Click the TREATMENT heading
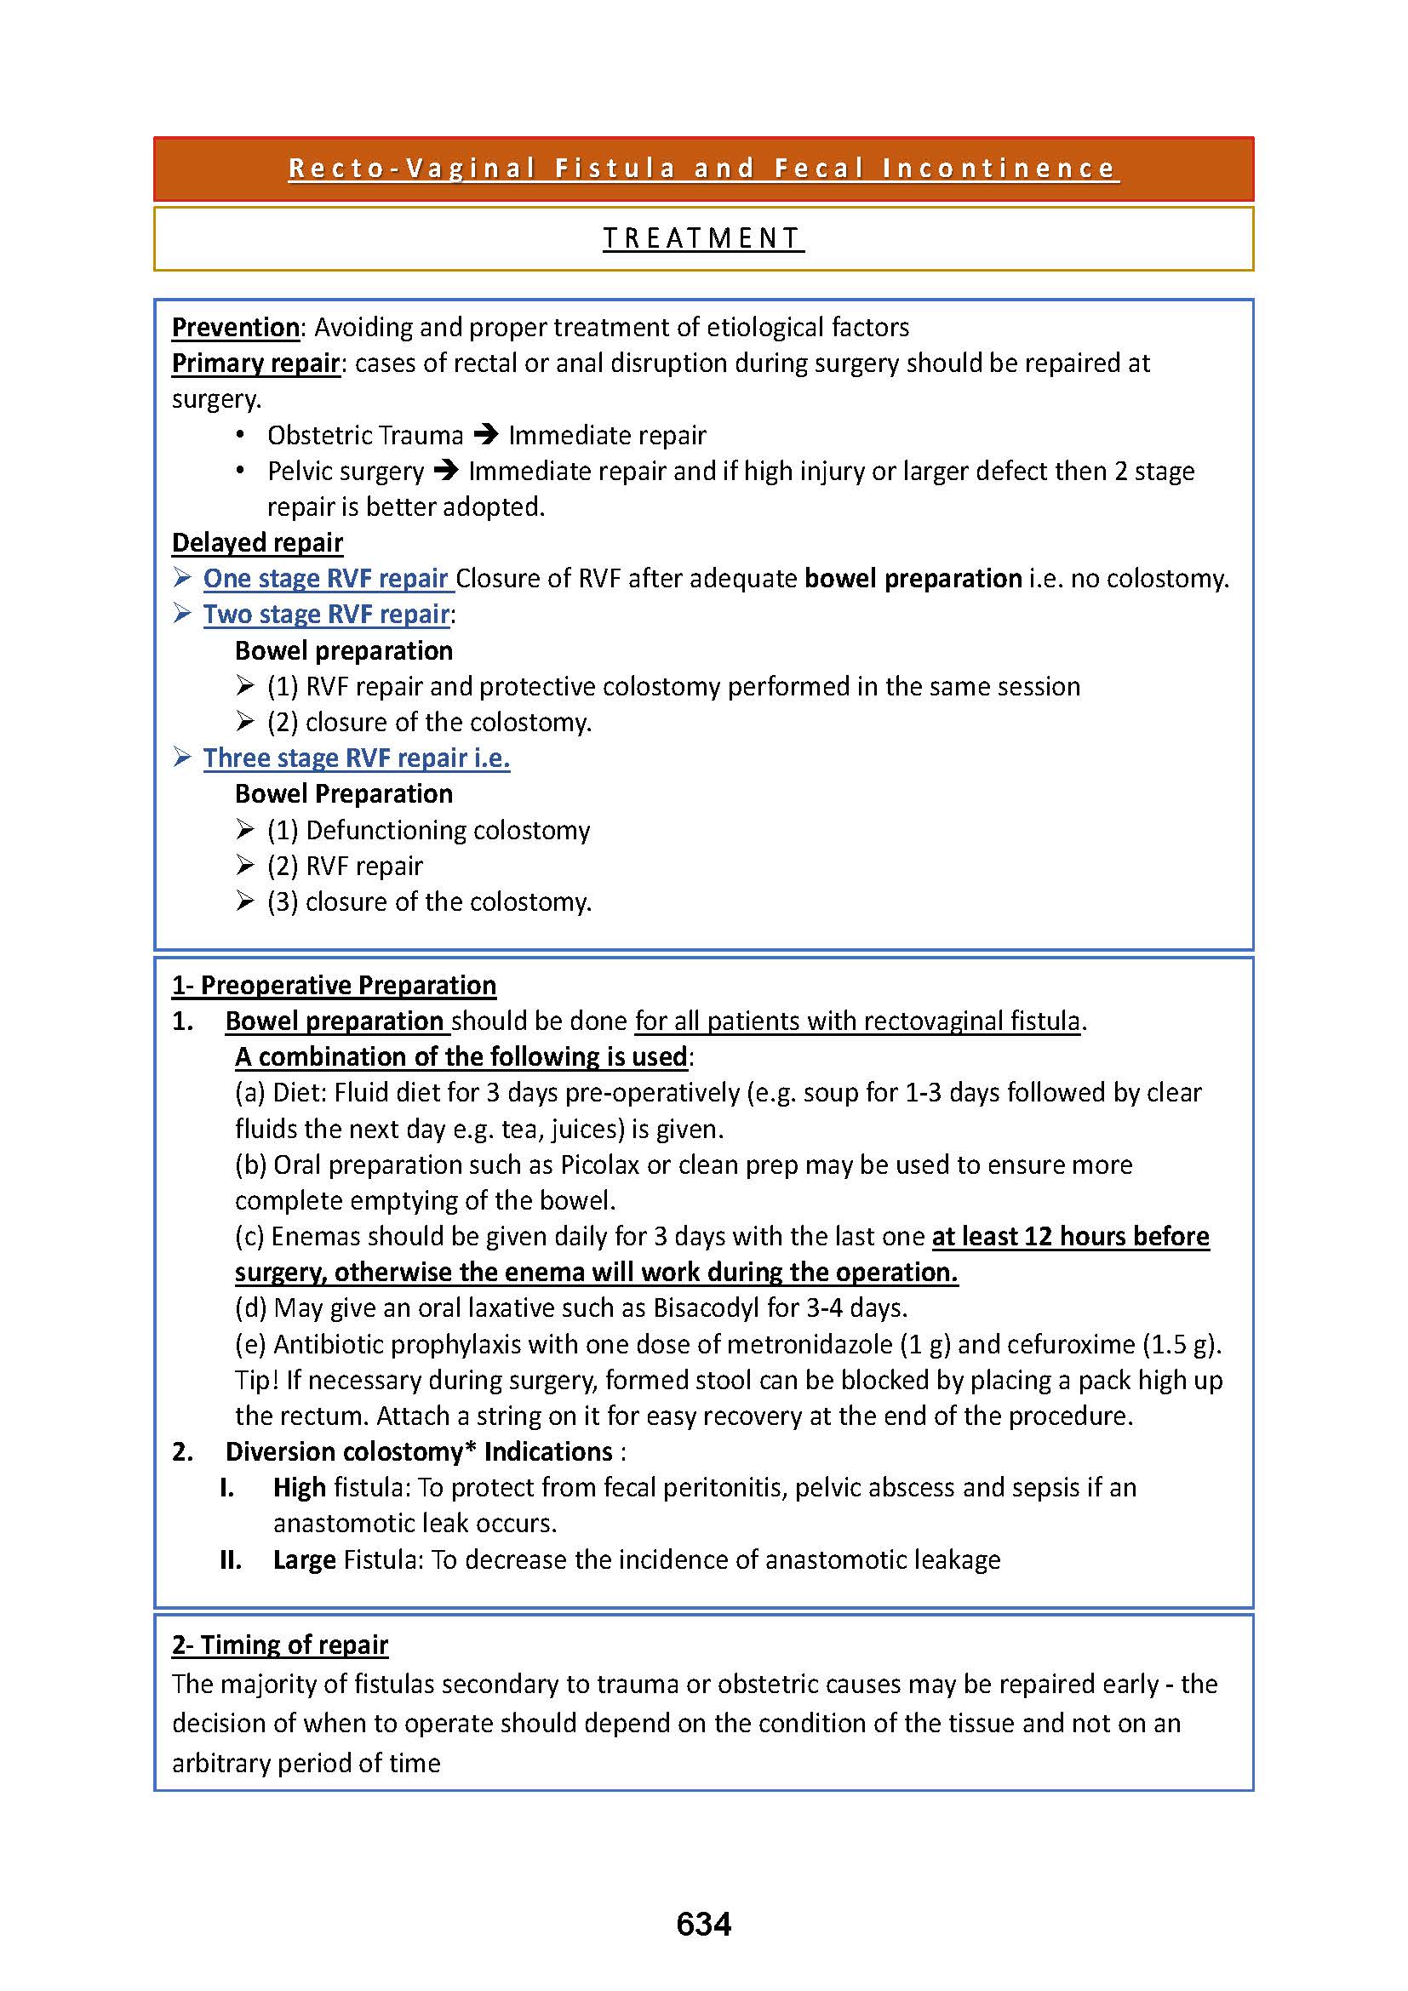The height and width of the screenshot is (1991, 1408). pyautogui.click(x=702, y=237)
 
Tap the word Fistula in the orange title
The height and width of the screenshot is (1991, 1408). pyautogui.click(x=615, y=168)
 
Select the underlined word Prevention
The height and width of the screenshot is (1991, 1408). pyautogui.click(x=235, y=327)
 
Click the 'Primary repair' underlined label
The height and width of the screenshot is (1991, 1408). pyautogui.click(x=255, y=363)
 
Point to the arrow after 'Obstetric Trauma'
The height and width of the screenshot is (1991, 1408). pyautogui.click(x=486, y=434)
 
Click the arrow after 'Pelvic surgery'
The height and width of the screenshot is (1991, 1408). pyautogui.click(x=445, y=471)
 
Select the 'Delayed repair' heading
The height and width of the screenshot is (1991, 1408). pyautogui.click(x=256, y=542)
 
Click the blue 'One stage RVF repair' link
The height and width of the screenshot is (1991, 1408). pyautogui.click(x=325, y=578)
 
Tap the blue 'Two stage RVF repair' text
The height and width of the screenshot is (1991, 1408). pyautogui.click(x=326, y=614)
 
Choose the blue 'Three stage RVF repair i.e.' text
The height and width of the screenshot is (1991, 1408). pyautogui.click(x=357, y=758)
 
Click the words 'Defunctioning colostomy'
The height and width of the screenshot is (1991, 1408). pyautogui.click(x=448, y=830)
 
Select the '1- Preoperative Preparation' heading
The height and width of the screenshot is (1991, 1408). pyautogui.click(x=334, y=985)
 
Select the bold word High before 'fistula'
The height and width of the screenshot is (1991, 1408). pyautogui.click(x=299, y=1487)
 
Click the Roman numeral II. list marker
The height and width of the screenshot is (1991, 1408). pyautogui.click(x=230, y=1560)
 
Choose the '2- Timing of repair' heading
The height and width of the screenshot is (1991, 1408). pyautogui.click(x=279, y=1645)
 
